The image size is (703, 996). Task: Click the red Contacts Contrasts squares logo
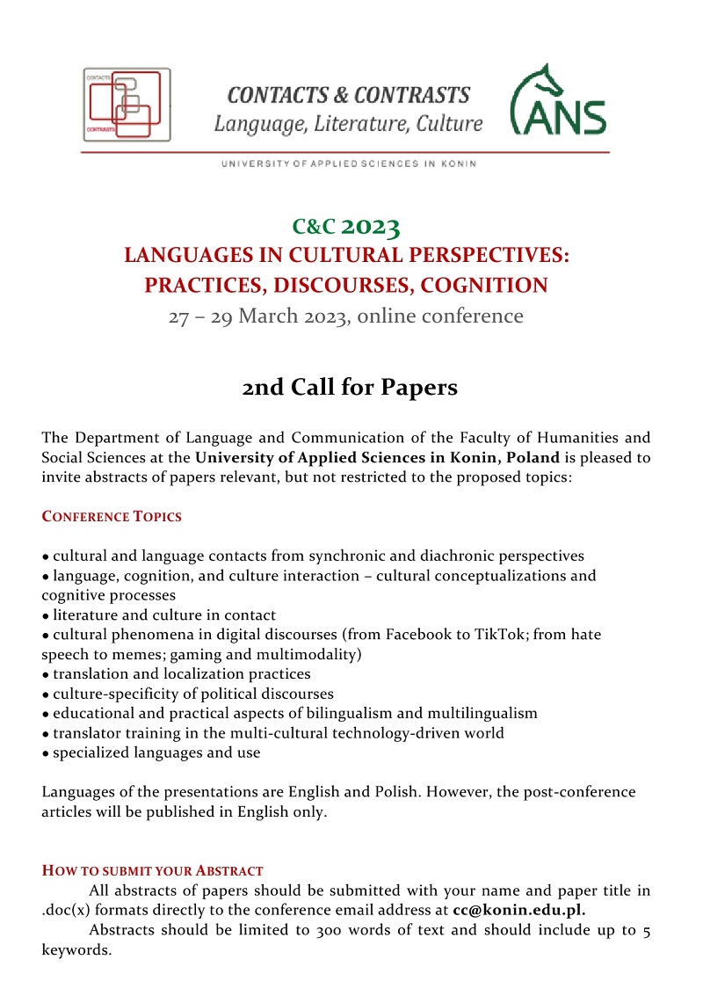click(x=127, y=105)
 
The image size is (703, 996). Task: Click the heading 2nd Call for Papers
click(x=350, y=387)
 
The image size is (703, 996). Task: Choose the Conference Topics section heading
click(x=112, y=517)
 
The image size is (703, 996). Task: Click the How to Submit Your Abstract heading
click(x=152, y=871)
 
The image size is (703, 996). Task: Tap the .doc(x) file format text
click(x=71, y=911)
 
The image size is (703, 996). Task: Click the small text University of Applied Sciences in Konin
click(x=350, y=164)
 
